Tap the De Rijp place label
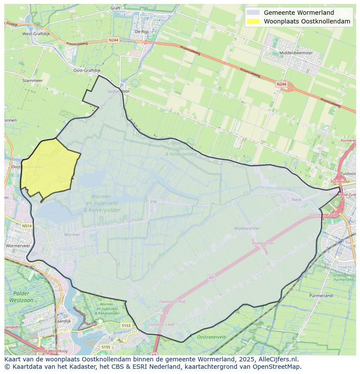[x=142, y=31]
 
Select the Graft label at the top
[x=115, y=8]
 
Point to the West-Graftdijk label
[x=35, y=33]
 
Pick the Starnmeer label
[x=32, y=80]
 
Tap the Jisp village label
[x=153, y=202]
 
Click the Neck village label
[x=297, y=200]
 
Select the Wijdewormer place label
[x=247, y=228]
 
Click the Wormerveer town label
[x=17, y=245]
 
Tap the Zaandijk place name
[x=63, y=321]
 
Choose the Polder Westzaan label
[x=18, y=297]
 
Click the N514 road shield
[x=27, y=226]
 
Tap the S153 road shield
[x=126, y=325]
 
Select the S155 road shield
[x=106, y=347]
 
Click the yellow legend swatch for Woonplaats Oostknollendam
[x=253, y=21]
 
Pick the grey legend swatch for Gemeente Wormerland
[x=253, y=13]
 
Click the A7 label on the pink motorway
[x=212, y=277]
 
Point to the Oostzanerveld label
[x=211, y=337]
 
